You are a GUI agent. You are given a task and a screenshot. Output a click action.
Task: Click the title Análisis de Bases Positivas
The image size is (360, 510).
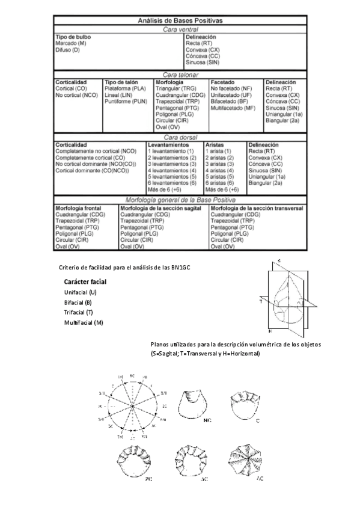[x=180, y=20]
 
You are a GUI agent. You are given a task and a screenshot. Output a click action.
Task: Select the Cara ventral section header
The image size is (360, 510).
[x=180, y=29]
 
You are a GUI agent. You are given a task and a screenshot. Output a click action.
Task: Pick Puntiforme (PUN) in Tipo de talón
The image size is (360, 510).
[x=126, y=102]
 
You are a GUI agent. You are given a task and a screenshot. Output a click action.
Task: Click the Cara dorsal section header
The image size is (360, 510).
[x=180, y=137]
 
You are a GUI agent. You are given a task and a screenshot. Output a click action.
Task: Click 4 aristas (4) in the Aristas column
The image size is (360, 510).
[x=219, y=170]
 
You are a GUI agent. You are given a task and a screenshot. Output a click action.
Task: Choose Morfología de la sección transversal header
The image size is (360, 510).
[x=257, y=208]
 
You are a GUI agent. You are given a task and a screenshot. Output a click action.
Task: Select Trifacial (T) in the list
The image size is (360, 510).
[x=79, y=312]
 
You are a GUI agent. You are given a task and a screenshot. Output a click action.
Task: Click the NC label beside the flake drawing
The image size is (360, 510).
[x=207, y=421]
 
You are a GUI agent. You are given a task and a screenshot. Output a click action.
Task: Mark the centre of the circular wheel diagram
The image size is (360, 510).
[x=132, y=410]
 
